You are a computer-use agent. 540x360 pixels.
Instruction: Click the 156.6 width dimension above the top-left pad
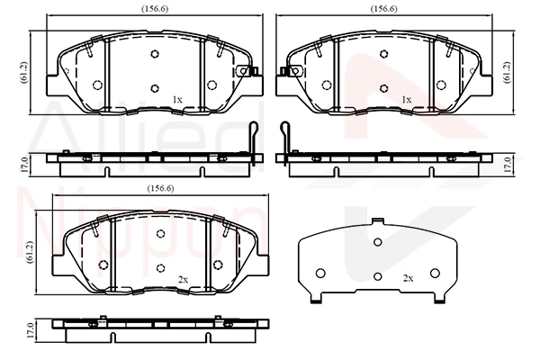(x=155, y=9)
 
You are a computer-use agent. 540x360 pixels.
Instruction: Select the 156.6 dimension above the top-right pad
(x=384, y=9)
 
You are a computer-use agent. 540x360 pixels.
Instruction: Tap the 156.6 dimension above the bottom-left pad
(x=160, y=188)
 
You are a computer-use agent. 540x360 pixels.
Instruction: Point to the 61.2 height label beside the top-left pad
(x=23, y=73)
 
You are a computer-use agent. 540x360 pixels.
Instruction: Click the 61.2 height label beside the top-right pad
(x=507, y=72)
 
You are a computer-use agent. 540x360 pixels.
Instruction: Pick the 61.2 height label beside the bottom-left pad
(x=29, y=253)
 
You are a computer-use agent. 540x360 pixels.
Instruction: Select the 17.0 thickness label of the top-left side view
(x=23, y=165)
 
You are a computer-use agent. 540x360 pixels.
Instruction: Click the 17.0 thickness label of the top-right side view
(x=507, y=165)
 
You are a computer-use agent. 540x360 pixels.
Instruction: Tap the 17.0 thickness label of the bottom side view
(x=30, y=330)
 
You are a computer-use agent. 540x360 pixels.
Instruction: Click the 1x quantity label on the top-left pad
(x=177, y=100)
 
